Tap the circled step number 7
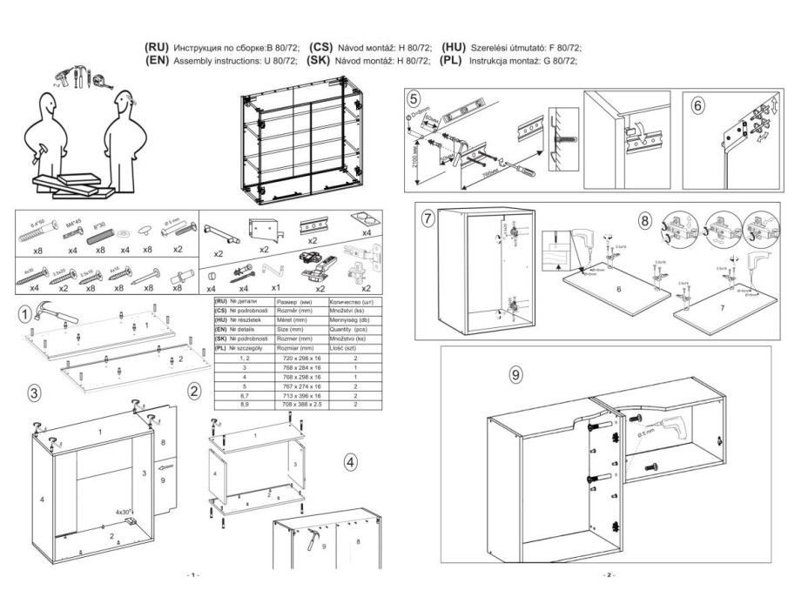pos(428,218)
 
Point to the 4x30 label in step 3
pos(125,512)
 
